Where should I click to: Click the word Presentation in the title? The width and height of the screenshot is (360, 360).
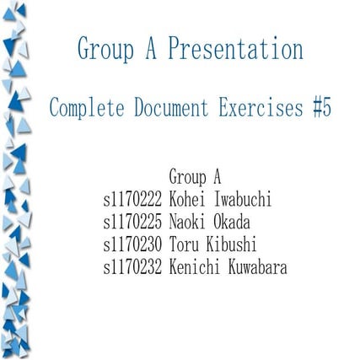235,49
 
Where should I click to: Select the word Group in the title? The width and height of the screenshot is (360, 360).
105,49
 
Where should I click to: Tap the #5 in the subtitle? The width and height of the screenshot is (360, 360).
321,108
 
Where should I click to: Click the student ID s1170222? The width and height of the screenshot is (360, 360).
132,201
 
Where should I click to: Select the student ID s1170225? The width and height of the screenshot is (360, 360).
132,223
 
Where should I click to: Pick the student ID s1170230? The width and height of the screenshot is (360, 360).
132,245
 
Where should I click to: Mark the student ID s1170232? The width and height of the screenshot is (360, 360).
132,268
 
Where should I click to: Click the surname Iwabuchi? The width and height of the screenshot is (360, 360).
241,201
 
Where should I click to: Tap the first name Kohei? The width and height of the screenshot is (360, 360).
187,201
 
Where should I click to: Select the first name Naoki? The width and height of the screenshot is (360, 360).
187,223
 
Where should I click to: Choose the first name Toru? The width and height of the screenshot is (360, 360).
183,245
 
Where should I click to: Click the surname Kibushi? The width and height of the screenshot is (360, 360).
231,245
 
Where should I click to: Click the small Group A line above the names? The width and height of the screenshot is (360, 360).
195,178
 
